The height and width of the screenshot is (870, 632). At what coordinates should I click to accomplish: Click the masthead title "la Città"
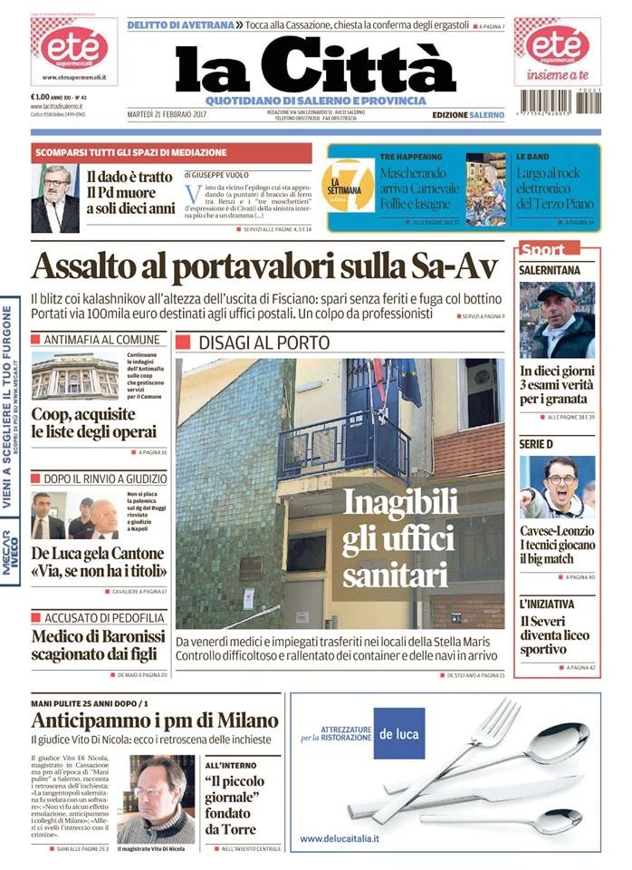tap(315, 67)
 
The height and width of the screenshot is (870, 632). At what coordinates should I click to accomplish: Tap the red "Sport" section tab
tap(544, 249)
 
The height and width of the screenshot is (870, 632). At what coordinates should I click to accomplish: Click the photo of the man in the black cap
tap(557, 320)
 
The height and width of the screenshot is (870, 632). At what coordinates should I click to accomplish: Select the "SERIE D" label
tap(536, 444)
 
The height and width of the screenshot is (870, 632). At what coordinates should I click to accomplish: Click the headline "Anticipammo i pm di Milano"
tap(155, 721)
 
